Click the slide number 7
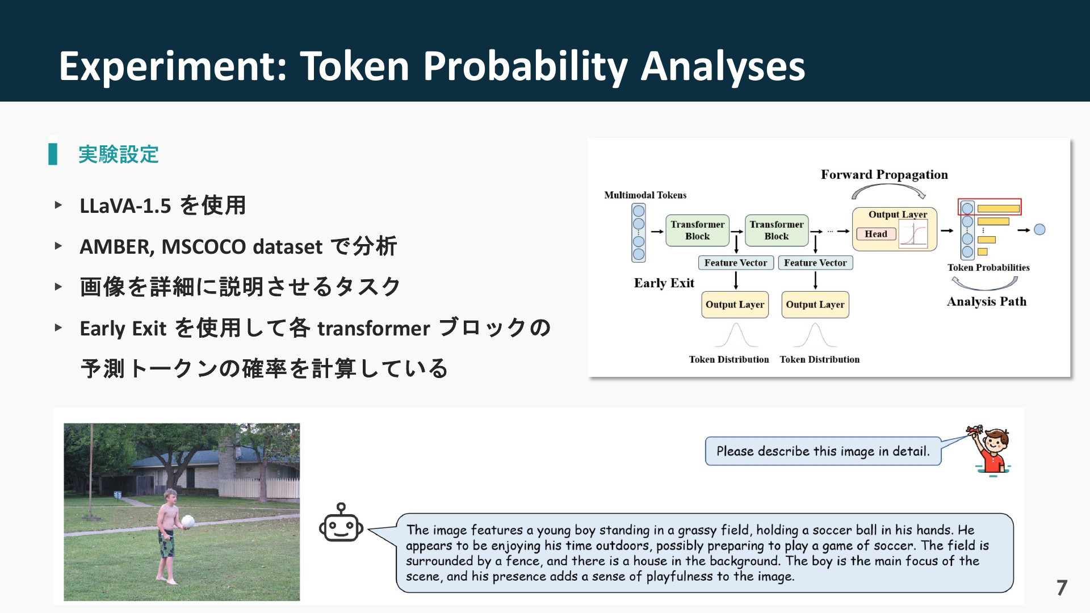(x=1062, y=587)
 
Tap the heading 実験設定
(x=119, y=154)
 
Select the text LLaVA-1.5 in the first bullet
(x=125, y=205)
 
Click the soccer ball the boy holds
(x=188, y=521)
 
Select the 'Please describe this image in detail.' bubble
(x=823, y=451)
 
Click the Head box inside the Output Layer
(x=876, y=234)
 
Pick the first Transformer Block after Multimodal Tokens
(x=697, y=230)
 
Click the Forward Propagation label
(x=884, y=174)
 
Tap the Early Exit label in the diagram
(x=664, y=283)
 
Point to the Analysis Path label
(x=987, y=301)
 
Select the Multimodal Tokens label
(x=645, y=195)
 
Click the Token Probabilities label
(x=988, y=267)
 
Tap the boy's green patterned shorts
(x=166, y=543)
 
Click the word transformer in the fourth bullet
(x=374, y=329)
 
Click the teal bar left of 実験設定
(x=53, y=154)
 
